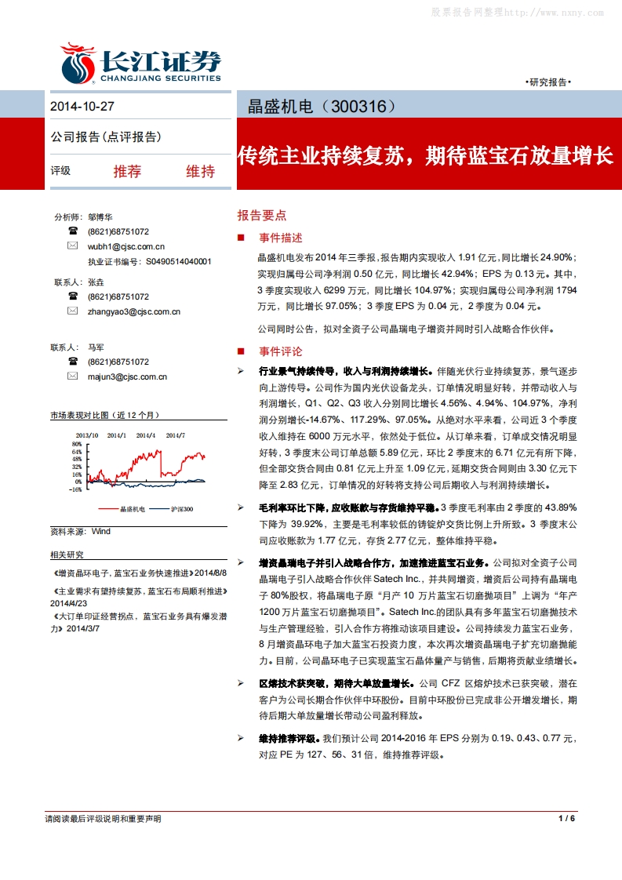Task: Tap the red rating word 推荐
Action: click(127, 171)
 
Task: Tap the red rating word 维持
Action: click(200, 171)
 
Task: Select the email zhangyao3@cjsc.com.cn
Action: click(134, 311)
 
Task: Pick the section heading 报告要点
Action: click(262, 215)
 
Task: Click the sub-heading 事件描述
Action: click(280, 238)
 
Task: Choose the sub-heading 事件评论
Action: click(280, 351)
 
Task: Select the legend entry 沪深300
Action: click(182, 509)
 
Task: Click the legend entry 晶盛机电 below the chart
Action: click(132, 509)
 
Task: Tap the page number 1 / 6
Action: click(567, 819)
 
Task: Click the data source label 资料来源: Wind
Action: click(81, 531)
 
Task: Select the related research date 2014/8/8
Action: click(209, 573)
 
